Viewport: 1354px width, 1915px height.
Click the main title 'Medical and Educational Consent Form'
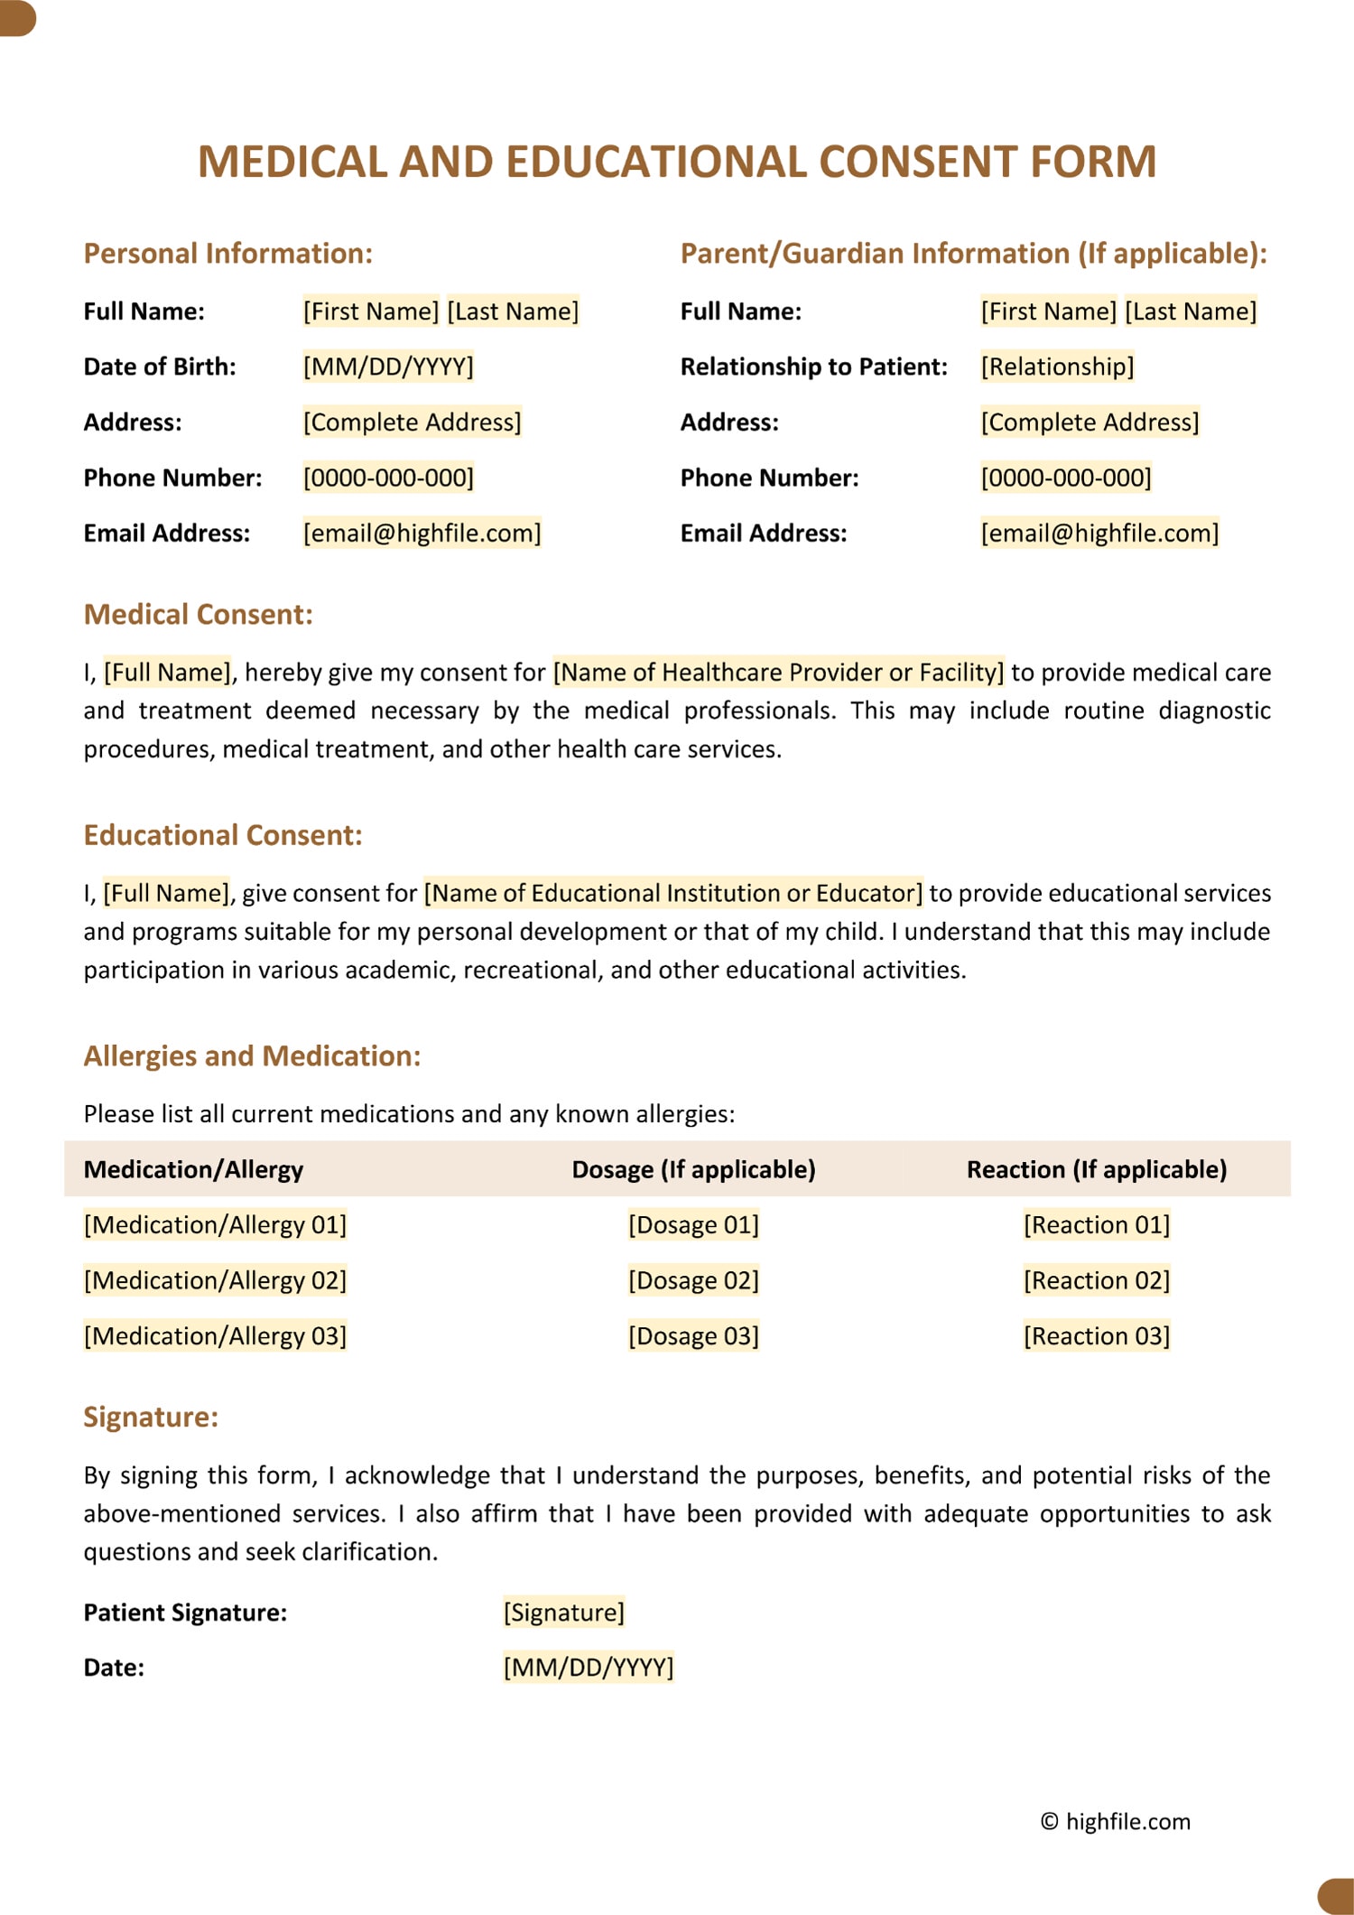click(x=677, y=163)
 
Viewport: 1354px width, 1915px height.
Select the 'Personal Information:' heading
click(x=227, y=254)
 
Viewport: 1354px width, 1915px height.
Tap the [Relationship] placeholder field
click(x=1057, y=367)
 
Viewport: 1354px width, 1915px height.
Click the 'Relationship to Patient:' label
click(x=813, y=367)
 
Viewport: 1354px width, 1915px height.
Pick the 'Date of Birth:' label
click(x=160, y=367)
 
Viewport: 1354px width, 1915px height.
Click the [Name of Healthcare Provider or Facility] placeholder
click(x=778, y=672)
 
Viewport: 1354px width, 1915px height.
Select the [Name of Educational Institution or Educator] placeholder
click(x=673, y=893)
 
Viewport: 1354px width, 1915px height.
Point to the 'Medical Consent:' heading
click(x=198, y=615)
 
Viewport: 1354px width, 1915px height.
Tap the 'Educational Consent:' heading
click(x=222, y=835)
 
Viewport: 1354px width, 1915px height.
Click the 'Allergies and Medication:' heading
click(x=252, y=1056)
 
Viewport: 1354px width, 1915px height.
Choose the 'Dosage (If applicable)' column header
click(x=693, y=1169)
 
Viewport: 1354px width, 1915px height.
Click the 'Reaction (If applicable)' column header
click(x=1097, y=1169)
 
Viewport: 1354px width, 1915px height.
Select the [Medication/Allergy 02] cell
click(x=215, y=1280)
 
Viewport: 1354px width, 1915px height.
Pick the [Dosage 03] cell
click(x=693, y=1335)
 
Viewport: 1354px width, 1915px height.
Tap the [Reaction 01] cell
click(x=1097, y=1225)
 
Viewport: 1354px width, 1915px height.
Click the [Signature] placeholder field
click(x=564, y=1612)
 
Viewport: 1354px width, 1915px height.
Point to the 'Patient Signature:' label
click(x=185, y=1613)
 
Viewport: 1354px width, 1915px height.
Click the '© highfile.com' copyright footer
click(x=1116, y=1821)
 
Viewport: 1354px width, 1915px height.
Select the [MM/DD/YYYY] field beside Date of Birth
click(x=388, y=367)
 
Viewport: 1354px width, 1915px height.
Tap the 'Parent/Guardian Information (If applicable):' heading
click(x=973, y=254)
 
